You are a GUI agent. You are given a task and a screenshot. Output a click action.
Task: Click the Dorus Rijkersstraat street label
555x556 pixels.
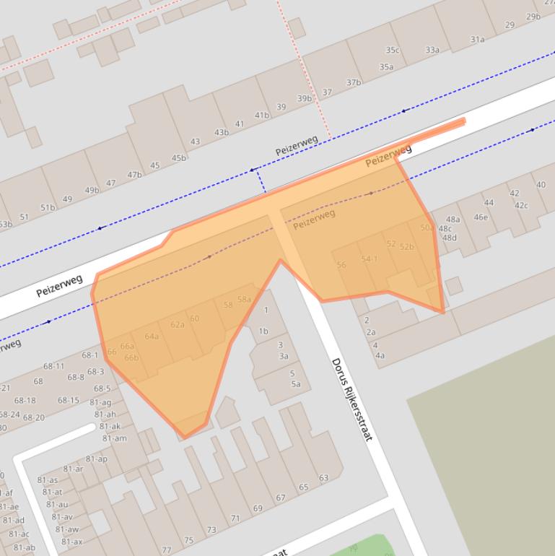tap(351, 399)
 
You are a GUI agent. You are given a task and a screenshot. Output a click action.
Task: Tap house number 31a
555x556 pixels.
tap(477, 40)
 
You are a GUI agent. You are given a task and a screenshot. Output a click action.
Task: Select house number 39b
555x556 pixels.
tap(305, 99)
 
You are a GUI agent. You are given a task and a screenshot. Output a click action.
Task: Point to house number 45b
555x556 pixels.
tap(178, 158)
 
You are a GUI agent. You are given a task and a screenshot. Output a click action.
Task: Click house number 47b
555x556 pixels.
tap(134, 175)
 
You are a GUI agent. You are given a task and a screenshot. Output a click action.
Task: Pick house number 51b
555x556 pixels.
tap(48, 208)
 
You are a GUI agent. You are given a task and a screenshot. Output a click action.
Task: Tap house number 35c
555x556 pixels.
tap(392, 51)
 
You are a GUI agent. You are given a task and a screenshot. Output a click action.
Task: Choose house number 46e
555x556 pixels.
tap(481, 217)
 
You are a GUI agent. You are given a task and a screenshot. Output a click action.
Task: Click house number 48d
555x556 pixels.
tap(449, 238)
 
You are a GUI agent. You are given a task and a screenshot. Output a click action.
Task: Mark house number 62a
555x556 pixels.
tap(178, 325)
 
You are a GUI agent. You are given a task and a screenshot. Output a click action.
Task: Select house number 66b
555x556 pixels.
tap(131, 358)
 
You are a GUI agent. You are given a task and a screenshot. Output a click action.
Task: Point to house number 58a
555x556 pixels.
tap(244, 300)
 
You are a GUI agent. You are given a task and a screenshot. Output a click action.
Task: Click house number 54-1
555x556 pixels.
tap(370, 259)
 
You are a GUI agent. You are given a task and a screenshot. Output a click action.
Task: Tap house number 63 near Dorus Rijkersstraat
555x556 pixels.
tap(323, 478)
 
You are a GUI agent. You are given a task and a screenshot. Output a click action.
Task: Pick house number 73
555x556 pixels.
tap(211, 530)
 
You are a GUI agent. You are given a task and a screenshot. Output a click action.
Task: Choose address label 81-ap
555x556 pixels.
tap(96, 459)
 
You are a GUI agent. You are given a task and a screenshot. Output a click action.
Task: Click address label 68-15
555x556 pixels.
tap(69, 400)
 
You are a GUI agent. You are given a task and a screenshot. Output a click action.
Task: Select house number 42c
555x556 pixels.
tap(521, 206)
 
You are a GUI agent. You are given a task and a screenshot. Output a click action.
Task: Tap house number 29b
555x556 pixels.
tap(533, 17)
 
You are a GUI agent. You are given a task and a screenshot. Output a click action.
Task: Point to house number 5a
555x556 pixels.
tap(296, 384)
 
